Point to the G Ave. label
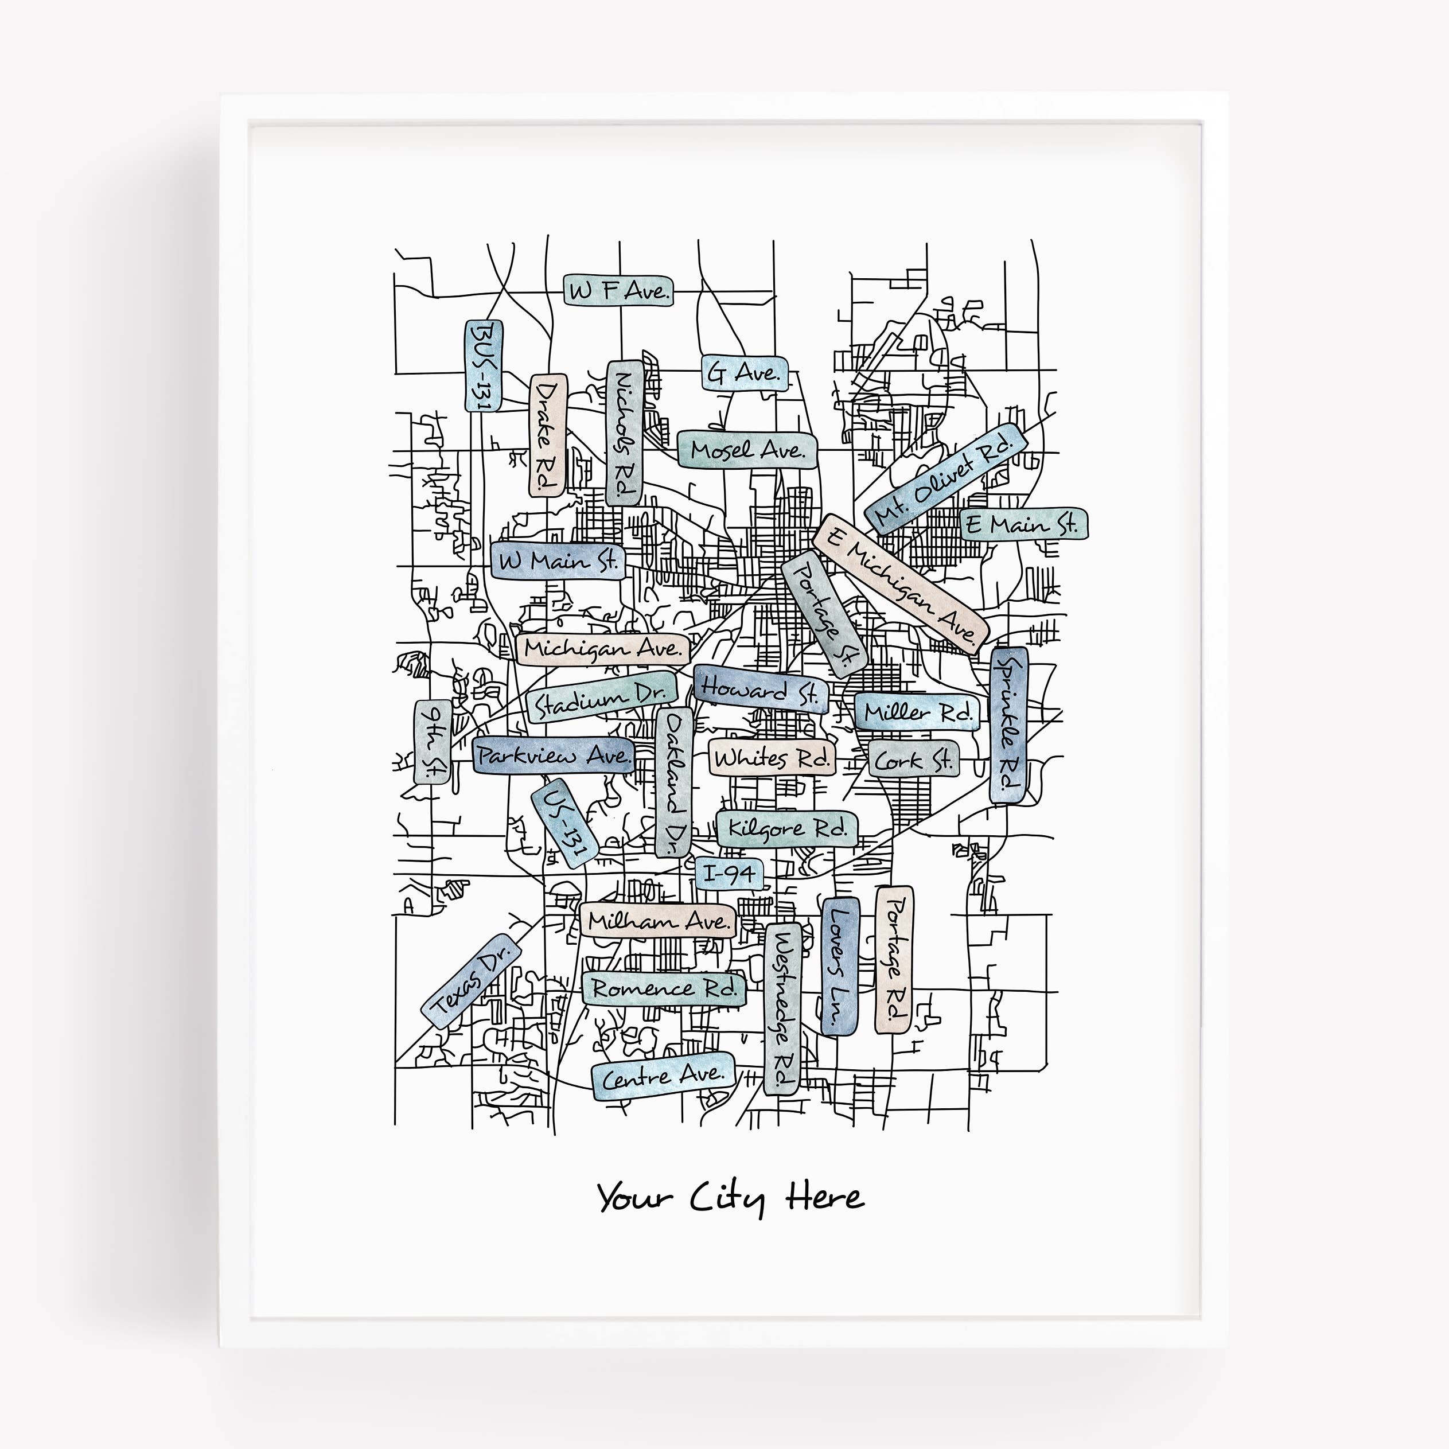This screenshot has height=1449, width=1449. (745, 373)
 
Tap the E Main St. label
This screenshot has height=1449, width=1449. (1023, 524)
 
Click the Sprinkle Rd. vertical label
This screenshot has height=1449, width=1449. (1009, 725)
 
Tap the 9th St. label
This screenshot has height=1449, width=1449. (433, 742)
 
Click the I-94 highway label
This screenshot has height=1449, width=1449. (729, 874)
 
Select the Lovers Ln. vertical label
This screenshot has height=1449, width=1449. (839, 966)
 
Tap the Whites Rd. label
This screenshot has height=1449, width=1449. (771, 759)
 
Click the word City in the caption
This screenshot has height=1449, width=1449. (727, 1198)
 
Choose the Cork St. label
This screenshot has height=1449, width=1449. (913, 761)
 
